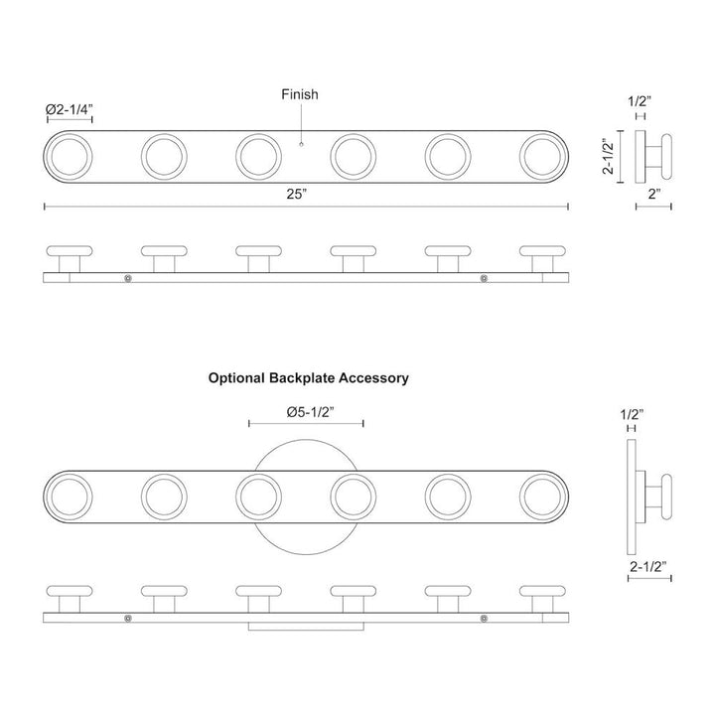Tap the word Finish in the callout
tap(299, 94)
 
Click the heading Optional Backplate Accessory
tap(308, 378)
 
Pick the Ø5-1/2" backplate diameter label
tap(307, 410)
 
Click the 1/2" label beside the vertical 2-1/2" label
tap(641, 101)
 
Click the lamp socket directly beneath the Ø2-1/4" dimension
tap(69, 155)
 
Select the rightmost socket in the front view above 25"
tap(542, 155)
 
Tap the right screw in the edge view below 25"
tap(483, 279)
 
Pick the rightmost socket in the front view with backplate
tap(542, 494)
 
